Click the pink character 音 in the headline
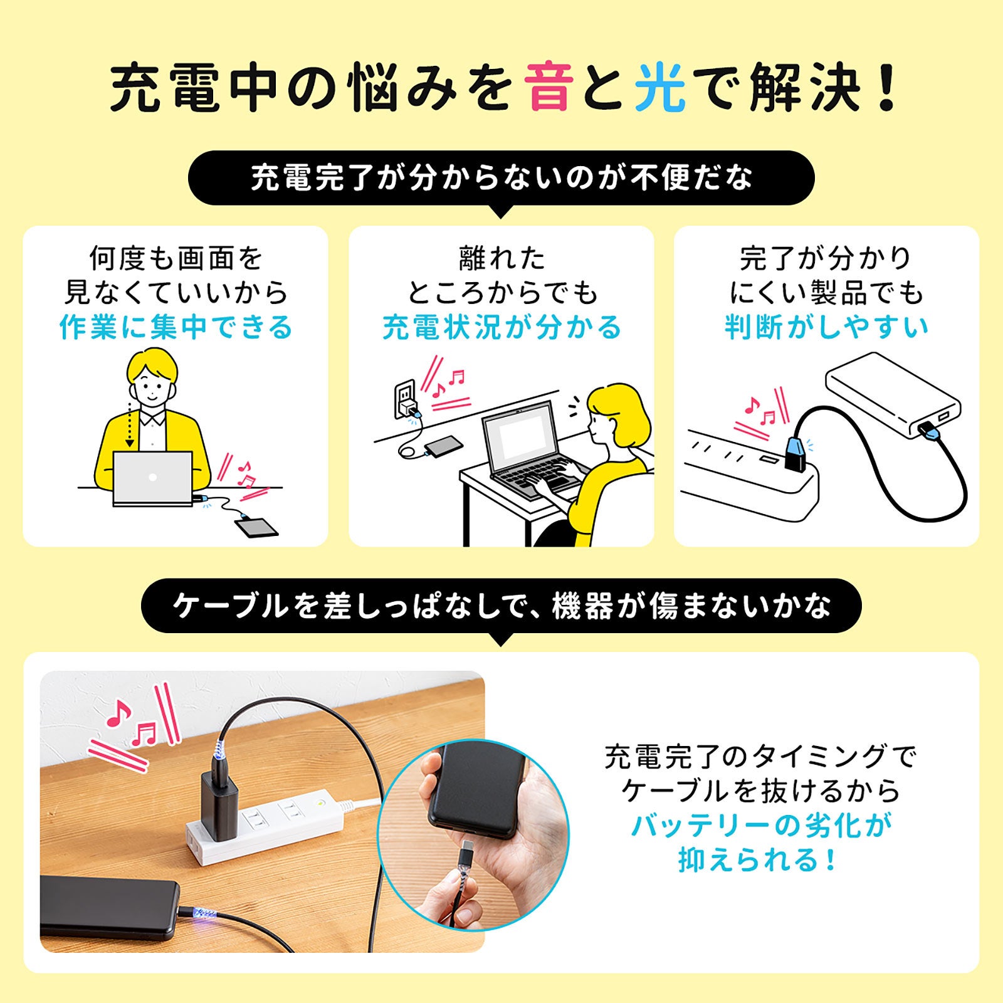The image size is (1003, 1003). pos(549,88)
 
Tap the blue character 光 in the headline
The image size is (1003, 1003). pos(659,88)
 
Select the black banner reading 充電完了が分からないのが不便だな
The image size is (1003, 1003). pos(501,178)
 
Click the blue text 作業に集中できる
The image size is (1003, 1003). pos(176,327)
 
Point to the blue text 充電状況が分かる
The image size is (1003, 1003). pos(501,327)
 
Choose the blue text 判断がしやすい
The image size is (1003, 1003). pos(826,327)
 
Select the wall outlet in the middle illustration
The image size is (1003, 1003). pos(404,399)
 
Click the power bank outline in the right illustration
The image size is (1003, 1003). pos(893,396)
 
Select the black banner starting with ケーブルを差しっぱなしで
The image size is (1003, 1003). pos(501,606)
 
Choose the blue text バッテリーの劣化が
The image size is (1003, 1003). pos(761,826)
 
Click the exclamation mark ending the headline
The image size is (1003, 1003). pos(886,88)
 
